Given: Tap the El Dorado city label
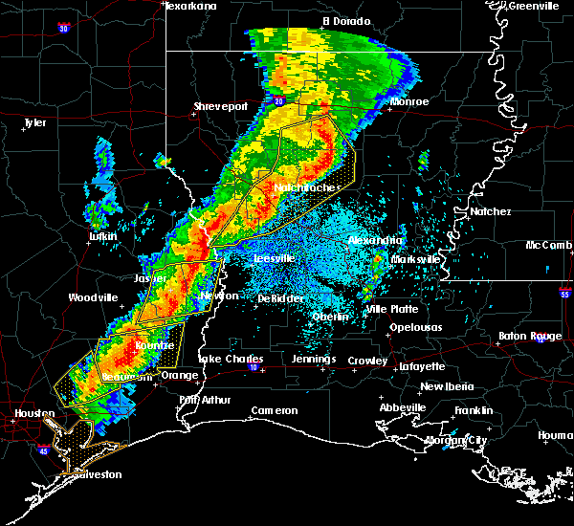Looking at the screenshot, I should (x=345, y=20).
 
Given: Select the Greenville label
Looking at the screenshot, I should (x=534, y=6).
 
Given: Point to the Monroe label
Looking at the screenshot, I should (x=408, y=101).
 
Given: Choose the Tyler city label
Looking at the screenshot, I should (x=35, y=122).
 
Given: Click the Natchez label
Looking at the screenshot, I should (x=490, y=211).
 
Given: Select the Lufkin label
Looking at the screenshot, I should (x=102, y=236).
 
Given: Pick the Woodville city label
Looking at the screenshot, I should (x=93, y=297).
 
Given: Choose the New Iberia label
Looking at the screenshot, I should (x=445, y=386).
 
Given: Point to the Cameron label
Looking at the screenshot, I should (x=275, y=411).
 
